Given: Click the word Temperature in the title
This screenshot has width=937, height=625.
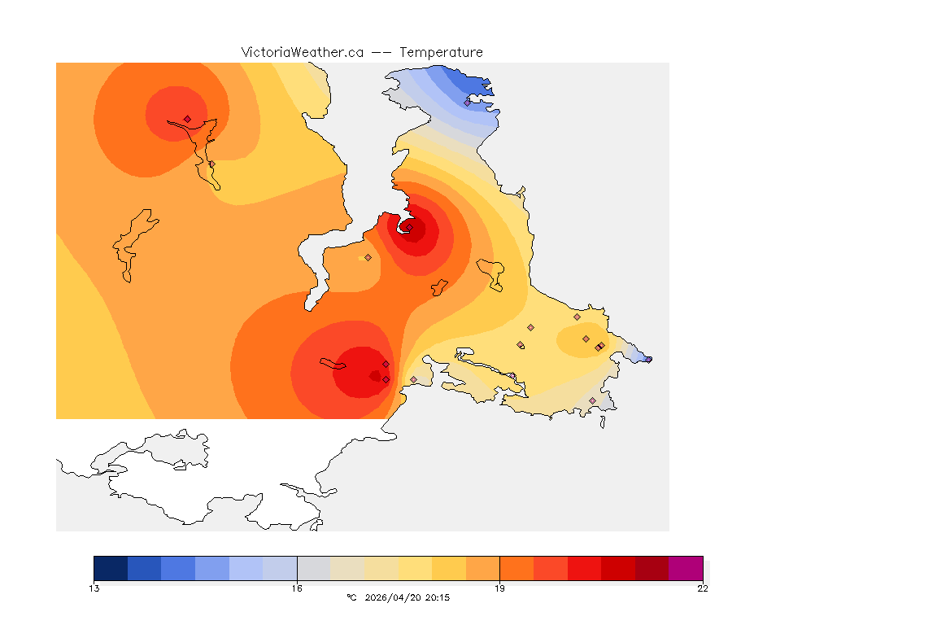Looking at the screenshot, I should point(441,52).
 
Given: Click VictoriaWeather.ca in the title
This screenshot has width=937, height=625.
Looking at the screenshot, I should point(302,52).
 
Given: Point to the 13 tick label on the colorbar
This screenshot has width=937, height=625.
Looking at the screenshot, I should point(94,588).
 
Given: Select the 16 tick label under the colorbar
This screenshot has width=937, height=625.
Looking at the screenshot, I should point(297,588).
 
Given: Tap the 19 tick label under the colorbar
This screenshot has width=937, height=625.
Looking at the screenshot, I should point(499,588).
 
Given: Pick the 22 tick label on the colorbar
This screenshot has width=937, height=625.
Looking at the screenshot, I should point(703,588).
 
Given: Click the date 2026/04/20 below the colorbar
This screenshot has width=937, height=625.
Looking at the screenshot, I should point(394,597).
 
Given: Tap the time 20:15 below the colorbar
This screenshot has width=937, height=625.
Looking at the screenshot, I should point(438,597).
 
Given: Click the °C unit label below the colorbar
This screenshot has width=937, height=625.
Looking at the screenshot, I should point(351,597).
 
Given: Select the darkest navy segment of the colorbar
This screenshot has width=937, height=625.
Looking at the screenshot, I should point(111,568).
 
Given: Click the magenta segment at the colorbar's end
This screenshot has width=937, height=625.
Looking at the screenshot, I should point(686,568).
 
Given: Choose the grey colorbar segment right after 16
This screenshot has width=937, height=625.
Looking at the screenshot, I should point(314,568).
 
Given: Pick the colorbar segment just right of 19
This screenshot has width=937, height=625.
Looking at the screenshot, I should point(516,568).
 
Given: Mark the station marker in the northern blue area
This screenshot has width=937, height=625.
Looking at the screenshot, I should point(468,103).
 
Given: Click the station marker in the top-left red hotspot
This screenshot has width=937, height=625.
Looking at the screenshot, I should point(187,119).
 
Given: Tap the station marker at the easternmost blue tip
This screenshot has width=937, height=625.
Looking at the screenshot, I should point(648,359).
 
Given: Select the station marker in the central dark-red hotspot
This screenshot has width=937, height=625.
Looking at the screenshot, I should point(410,228).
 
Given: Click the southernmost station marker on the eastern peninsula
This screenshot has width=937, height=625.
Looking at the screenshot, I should point(592,400).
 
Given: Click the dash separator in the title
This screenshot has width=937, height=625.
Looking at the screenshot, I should point(381,52).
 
